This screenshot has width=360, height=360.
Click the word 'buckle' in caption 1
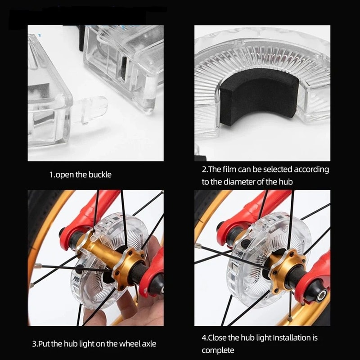[100, 175]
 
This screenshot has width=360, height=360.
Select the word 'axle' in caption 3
[147, 344]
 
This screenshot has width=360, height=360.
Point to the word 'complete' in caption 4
[218, 350]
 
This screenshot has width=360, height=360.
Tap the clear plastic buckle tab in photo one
[92, 110]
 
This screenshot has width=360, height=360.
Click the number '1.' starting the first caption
[51, 175]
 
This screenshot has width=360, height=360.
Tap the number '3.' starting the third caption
[35, 344]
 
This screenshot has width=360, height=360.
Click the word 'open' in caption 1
[65, 175]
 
